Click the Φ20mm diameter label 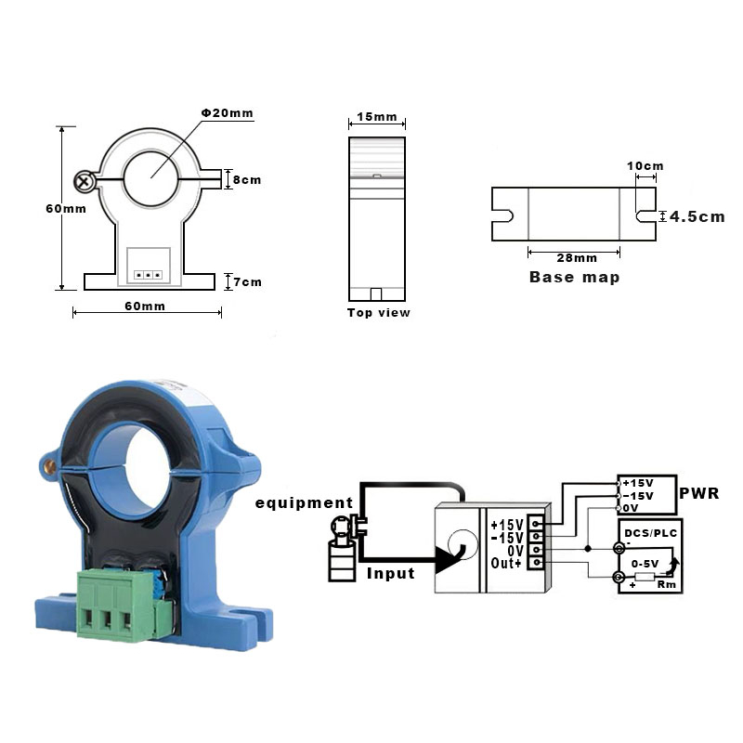coord(228,113)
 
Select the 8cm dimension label coord(246,179)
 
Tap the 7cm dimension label coord(246,281)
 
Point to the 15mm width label coord(376,118)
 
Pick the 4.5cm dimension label coord(697,216)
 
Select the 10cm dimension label coord(645,166)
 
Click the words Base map coord(574,277)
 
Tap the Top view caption coord(378,313)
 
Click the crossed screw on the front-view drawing coord(85,179)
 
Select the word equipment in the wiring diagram coord(306,503)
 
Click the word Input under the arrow coord(390,573)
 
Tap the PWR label coord(699,493)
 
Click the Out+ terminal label coord(507,563)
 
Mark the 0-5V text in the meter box coord(646,564)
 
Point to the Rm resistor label coord(666,585)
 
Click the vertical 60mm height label coord(65,208)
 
